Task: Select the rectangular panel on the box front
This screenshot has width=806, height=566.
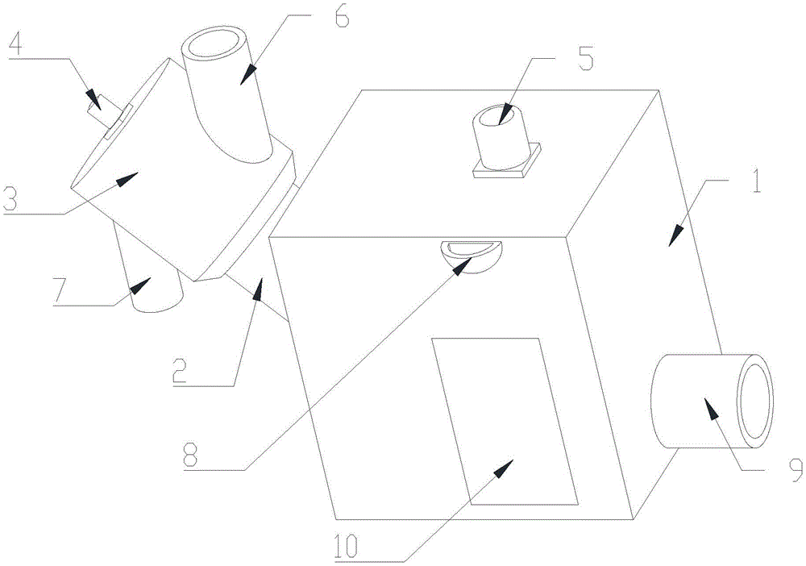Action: click(x=504, y=419)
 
